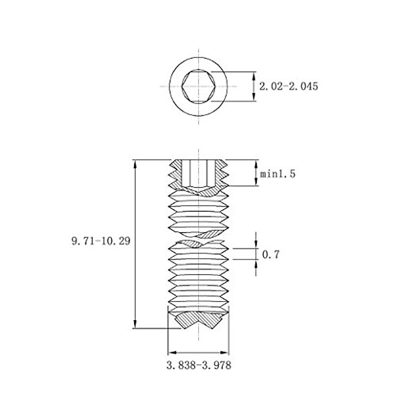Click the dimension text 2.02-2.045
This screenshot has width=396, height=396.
coord(288,86)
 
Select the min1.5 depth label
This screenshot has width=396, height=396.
coord(278,174)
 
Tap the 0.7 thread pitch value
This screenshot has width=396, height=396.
coord(271,254)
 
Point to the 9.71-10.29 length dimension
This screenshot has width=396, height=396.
coord(101,241)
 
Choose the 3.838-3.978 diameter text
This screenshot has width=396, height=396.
coord(198,366)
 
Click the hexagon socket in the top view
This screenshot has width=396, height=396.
coord(199,86)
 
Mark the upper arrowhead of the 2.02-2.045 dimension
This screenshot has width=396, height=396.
coord(253,76)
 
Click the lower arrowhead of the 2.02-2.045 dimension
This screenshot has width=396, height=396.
coord(253,97)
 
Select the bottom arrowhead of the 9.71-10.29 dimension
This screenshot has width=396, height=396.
coord(135,324)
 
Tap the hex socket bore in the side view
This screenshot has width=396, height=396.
coord(199,173)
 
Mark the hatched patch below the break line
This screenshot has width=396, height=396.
coord(191,244)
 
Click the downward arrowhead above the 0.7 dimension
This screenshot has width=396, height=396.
coord(256,245)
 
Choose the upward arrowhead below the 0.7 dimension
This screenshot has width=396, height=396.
coord(256,264)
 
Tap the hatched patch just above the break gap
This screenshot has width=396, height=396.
coord(208,234)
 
